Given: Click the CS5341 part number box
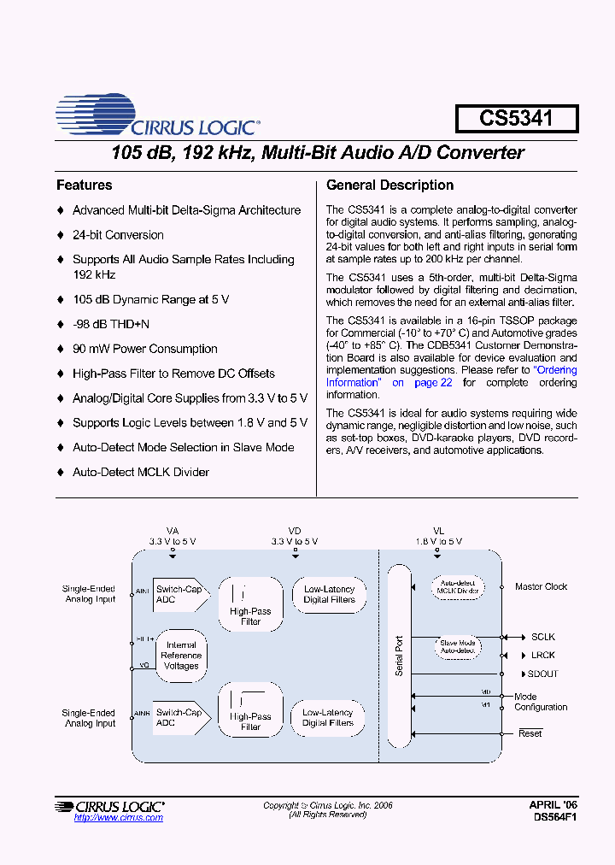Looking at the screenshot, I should pos(516,118).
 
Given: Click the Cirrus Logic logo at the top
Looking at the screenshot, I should pos(158,117).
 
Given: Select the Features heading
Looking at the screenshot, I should pos(84,185).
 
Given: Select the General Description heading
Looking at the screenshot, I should pos(390,185).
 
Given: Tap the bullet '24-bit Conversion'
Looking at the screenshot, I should pos(118,235).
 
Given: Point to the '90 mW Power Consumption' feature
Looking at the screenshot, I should pos(144,349).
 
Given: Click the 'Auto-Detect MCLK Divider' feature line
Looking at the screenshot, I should pos(140,472).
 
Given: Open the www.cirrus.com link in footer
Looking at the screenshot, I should pos(118,818).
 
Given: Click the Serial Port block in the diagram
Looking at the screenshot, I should pos(399,656).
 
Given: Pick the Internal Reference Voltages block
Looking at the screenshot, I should pos(181,656).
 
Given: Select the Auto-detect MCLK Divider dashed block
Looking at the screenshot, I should pos(458,587).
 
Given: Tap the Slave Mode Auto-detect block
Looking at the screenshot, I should pos(457,647).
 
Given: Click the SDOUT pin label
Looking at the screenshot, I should pos(543,674).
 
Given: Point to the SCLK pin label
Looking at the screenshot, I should pos(542,637).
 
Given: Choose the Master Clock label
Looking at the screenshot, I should pos(541,587).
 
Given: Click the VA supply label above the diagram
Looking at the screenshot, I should pos(173,531).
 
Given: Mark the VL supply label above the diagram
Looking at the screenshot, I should pos(438,531).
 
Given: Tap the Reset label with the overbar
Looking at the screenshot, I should pos(530,733).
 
